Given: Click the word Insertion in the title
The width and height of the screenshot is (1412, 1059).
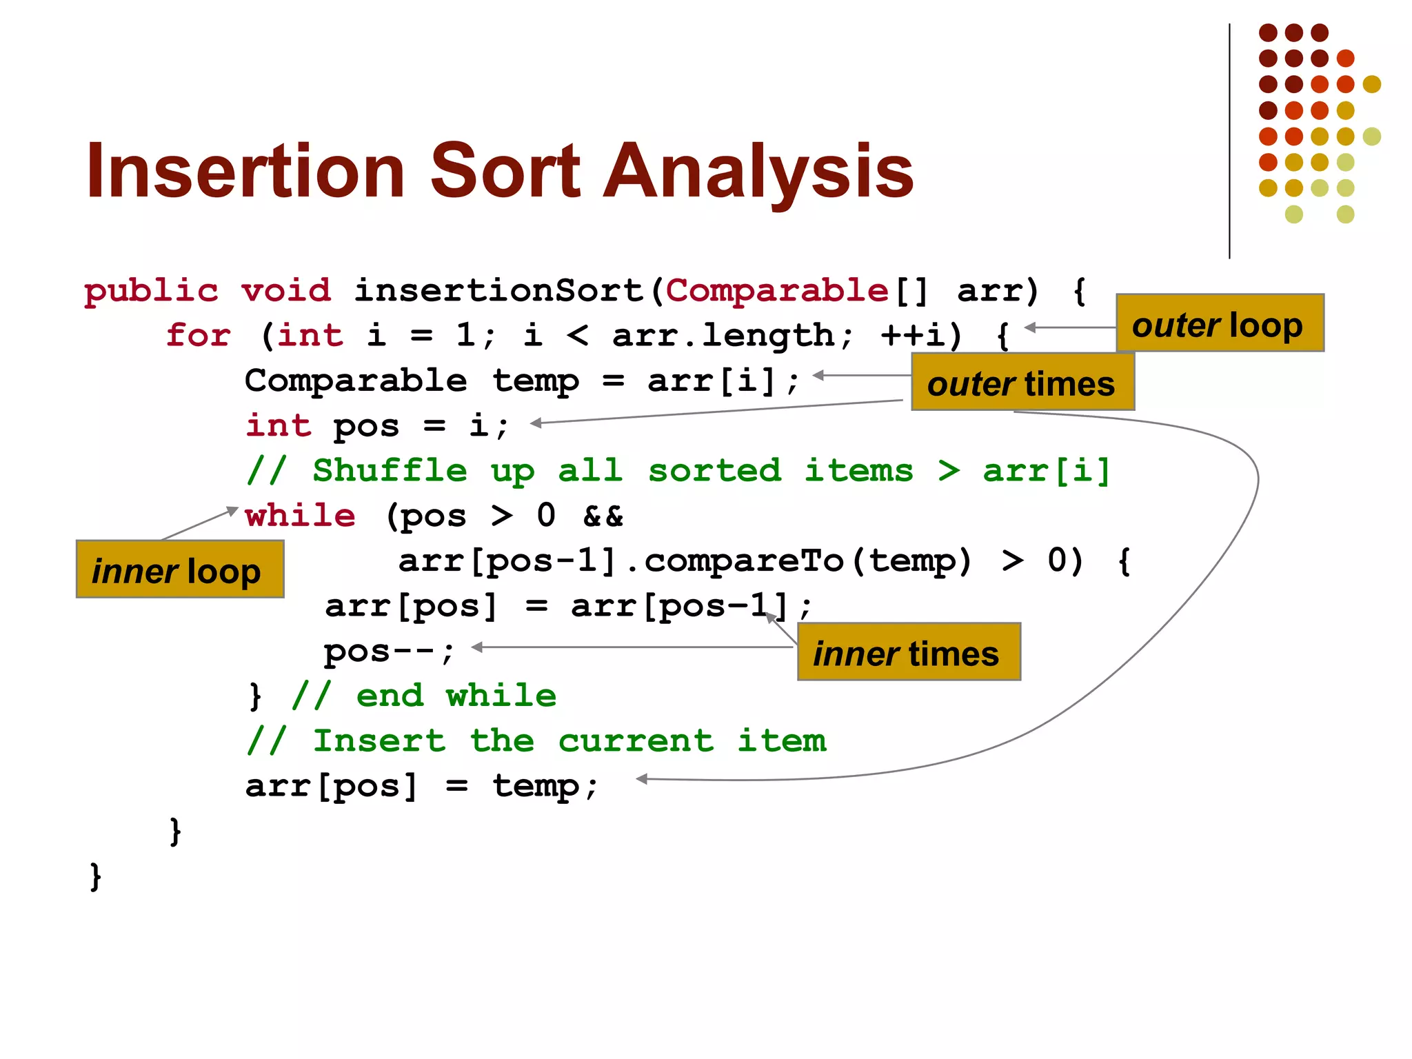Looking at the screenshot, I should pos(245,171).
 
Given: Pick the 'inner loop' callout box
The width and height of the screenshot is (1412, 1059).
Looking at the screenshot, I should pos(179,570).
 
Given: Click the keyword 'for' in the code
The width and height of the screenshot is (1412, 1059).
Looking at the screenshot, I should pos(198,336).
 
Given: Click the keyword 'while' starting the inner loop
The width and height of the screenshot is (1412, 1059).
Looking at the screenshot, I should pos(300,516).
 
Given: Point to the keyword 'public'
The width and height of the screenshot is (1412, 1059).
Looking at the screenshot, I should pos(150,291).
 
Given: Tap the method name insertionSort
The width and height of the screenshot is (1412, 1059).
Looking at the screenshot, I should pos(499,290).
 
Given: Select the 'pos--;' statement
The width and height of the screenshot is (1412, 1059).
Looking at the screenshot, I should pos(389,651).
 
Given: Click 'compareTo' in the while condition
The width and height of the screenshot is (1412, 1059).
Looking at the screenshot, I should pos(743,561).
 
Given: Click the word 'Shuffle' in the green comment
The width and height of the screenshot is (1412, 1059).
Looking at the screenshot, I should pos(390,471).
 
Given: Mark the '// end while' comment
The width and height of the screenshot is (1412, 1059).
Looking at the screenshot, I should pos(423,696).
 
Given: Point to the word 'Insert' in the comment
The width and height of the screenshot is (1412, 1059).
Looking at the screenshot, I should pos(379,741).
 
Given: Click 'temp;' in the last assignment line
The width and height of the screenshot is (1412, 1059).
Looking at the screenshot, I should pos(545,786).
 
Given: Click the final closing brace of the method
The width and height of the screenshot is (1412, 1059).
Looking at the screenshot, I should pos(96,877).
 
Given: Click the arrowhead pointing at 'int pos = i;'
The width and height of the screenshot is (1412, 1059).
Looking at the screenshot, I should pos(536,423).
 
